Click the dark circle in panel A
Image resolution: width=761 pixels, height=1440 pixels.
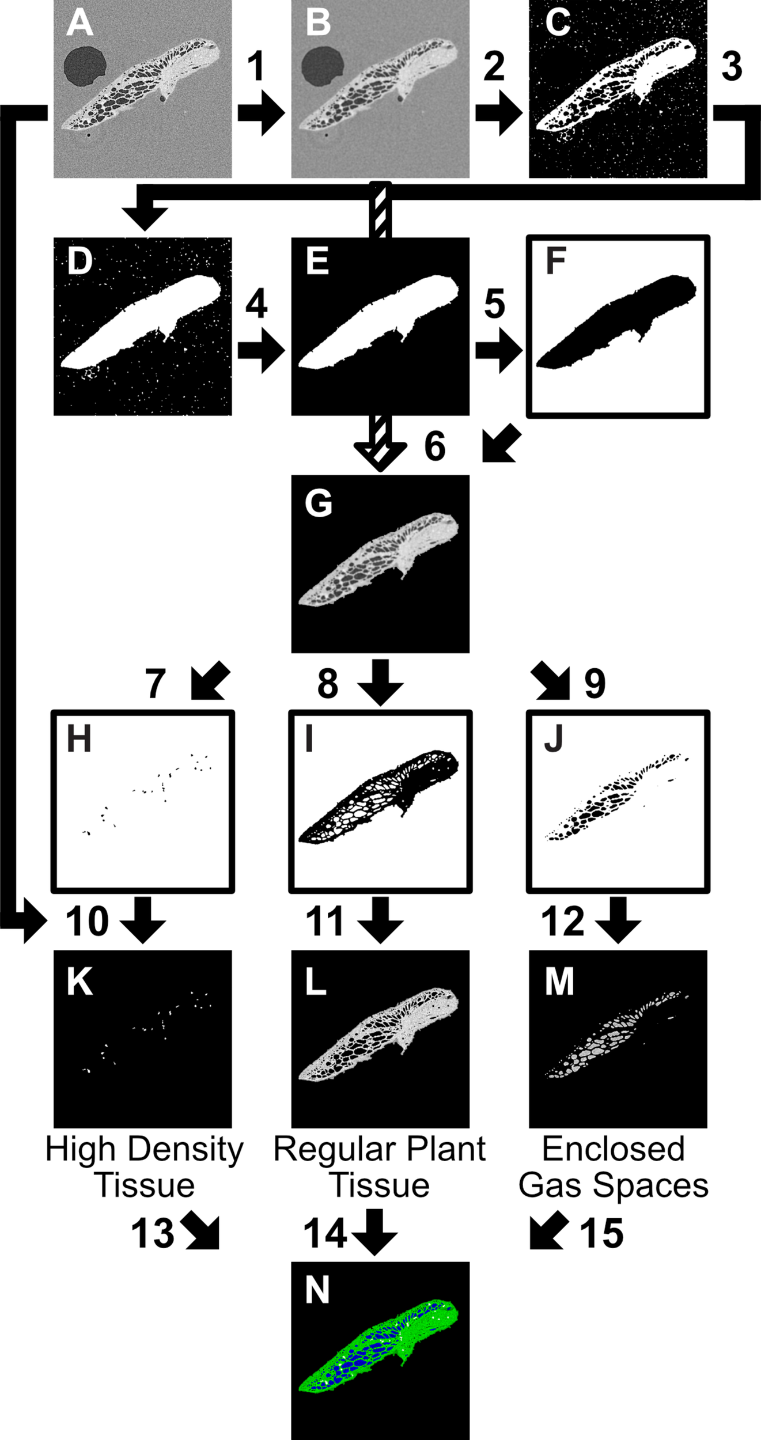(x=85, y=67)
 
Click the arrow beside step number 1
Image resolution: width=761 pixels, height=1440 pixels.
(x=261, y=113)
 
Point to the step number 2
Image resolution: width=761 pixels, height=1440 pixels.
(x=494, y=66)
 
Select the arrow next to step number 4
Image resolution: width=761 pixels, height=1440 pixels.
(x=261, y=350)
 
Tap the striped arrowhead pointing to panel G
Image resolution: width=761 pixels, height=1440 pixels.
(x=380, y=457)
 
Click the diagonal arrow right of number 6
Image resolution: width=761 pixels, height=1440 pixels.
(x=502, y=444)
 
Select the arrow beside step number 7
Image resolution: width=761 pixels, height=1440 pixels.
(x=210, y=681)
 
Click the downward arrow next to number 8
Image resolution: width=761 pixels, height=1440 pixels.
(x=380, y=683)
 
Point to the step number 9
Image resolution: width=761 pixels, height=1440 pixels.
(x=595, y=684)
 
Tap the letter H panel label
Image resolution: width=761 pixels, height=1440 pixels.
(x=79, y=739)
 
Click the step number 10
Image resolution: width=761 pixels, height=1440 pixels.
(x=87, y=921)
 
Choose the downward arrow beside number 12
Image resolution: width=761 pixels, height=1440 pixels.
(x=618, y=920)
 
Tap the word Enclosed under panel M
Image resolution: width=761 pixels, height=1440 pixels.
(x=613, y=1149)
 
